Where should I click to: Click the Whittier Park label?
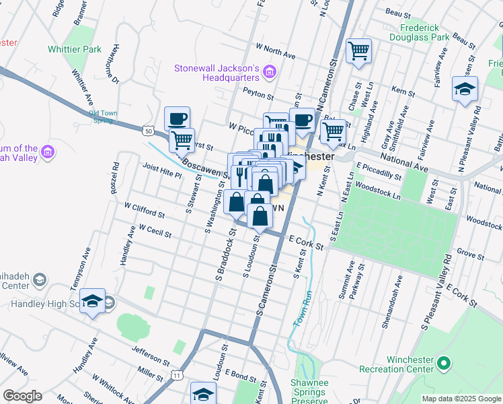click(75, 49)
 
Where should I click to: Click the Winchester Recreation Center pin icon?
click(442, 364)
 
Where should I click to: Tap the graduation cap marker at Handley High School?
click(93, 301)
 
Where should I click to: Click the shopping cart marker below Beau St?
click(358, 51)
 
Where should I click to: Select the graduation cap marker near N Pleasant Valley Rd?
click(465, 90)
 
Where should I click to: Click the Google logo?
click(22, 396)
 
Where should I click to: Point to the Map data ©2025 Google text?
click(461, 399)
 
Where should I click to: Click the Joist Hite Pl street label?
click(162, 170)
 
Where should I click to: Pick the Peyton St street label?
click(258, 97)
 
